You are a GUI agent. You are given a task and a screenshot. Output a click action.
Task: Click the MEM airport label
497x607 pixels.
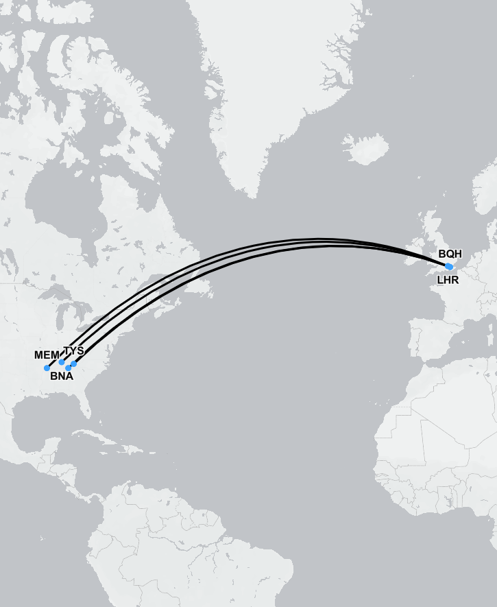(x=47, y=355)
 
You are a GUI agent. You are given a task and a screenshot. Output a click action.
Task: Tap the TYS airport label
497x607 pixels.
(x=73, y=350)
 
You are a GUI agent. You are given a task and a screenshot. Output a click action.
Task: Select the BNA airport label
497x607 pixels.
(x=62, y=376)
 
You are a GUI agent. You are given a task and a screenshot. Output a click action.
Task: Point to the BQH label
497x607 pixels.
(x=450, y=254)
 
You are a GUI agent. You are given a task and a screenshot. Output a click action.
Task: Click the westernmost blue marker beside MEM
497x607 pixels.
(x=47, y=368)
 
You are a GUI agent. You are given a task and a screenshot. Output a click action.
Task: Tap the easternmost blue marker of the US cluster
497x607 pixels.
(x=74, y=364)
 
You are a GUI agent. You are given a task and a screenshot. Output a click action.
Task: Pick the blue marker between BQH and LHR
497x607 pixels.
(x=449, y=266)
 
